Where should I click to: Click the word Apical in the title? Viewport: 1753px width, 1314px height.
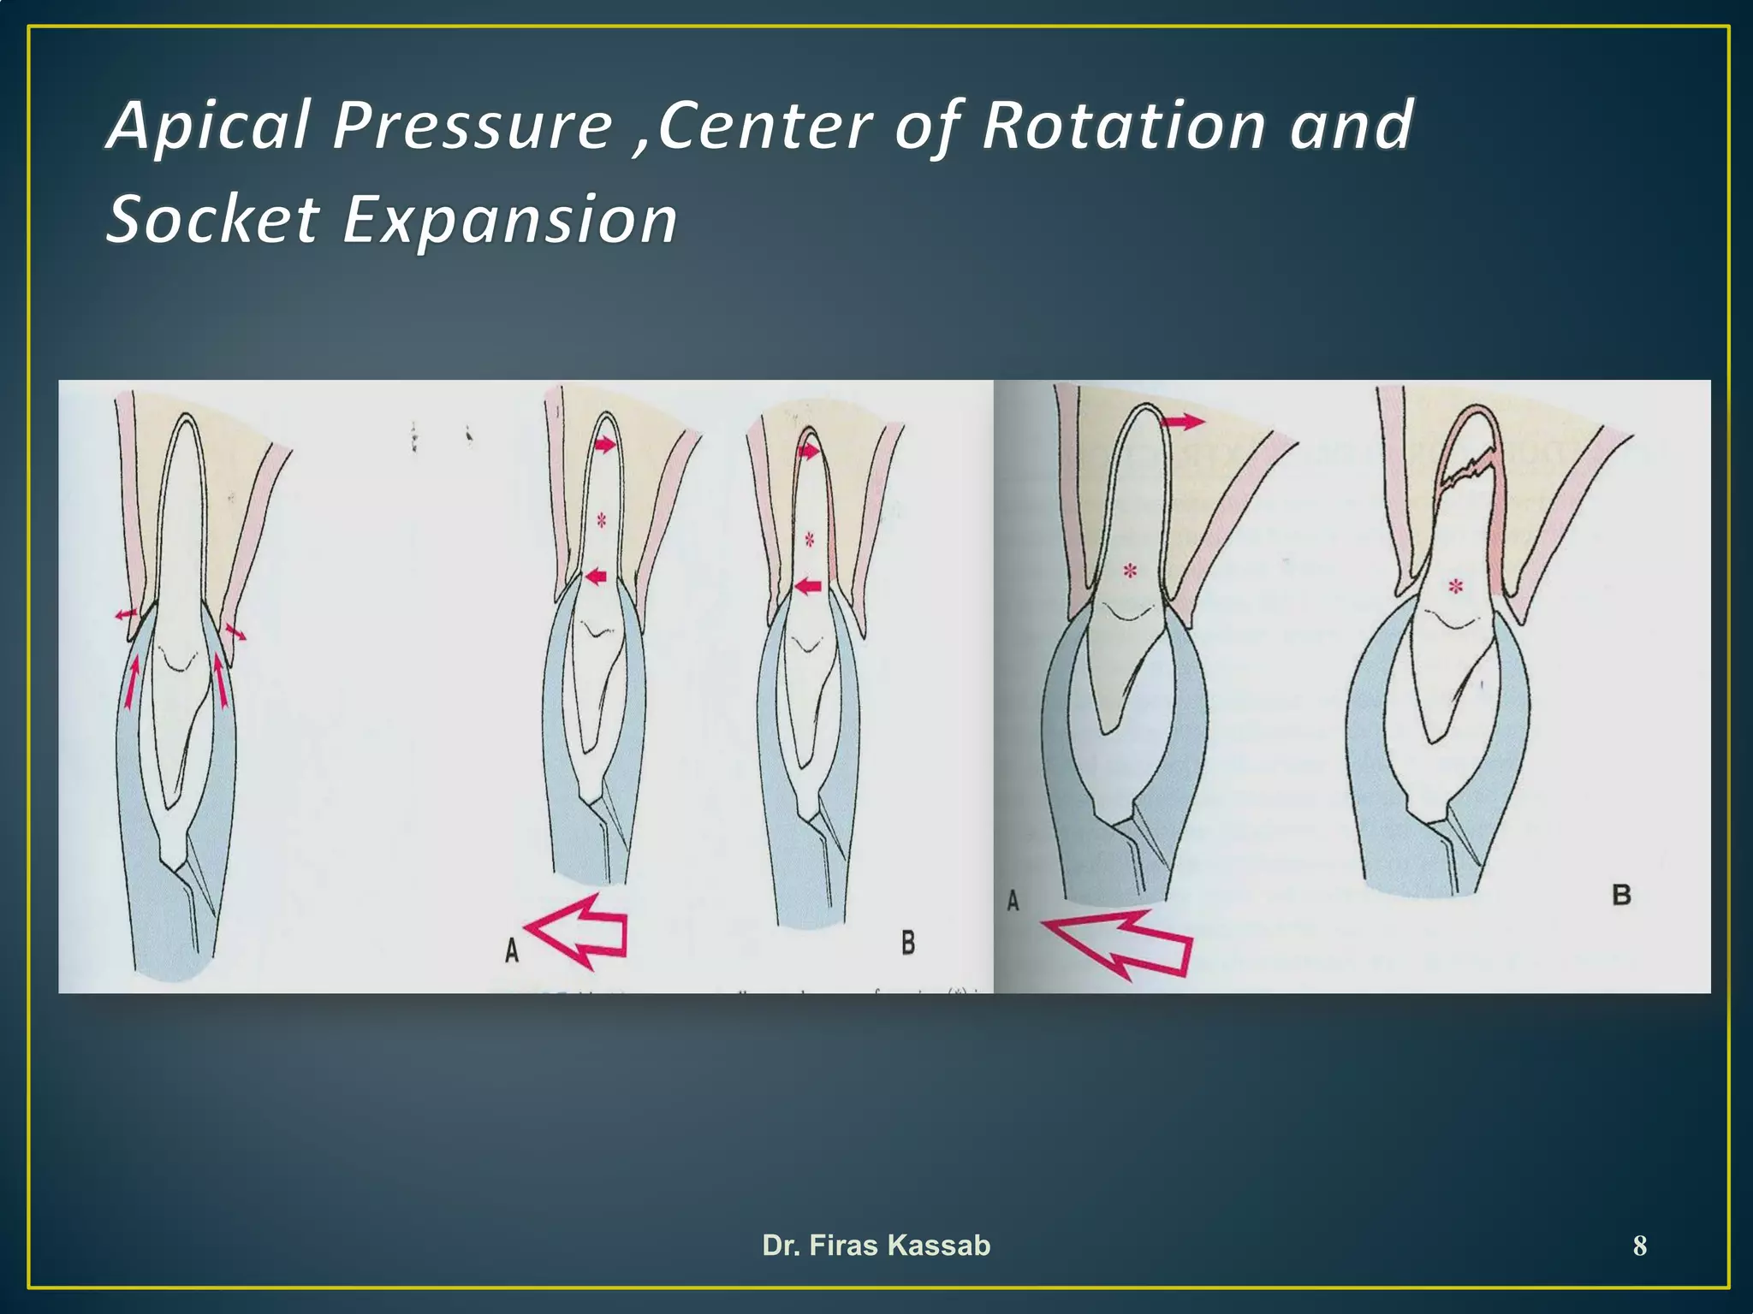(210, 126)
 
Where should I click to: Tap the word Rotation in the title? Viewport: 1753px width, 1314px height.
(1123, 126)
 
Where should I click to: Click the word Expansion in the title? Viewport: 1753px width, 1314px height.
(510, 220)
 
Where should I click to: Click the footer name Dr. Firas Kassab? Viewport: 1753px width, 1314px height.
(876, 1246)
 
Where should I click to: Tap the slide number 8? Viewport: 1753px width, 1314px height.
(1639, 1246)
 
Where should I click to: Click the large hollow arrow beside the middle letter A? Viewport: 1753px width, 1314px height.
(579, 930)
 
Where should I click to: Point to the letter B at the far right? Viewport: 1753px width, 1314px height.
(1621, 895)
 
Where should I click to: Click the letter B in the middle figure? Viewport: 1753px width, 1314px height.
(908, 943)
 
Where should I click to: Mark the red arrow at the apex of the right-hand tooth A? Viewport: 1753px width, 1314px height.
(1182, 421)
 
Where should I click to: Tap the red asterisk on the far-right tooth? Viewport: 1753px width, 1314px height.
(1455, 587)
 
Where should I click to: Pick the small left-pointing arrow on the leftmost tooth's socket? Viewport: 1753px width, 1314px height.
(125, 613)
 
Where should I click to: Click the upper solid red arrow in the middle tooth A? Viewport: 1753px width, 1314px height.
(604, 445)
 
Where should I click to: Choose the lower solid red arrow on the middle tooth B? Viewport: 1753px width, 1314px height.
(807, 586)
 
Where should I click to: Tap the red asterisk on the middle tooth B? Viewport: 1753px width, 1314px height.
(809, 540)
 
